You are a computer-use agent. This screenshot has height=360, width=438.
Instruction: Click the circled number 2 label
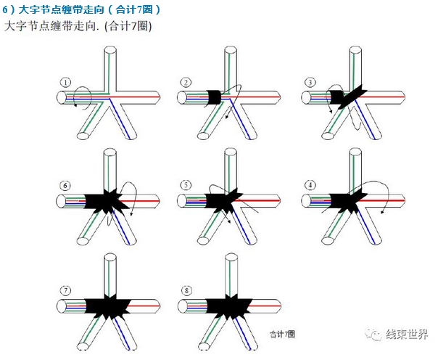pyautogui.click(x=186, y=83)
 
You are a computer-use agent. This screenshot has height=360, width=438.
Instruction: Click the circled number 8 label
pyautogui.click(x=186, y=290)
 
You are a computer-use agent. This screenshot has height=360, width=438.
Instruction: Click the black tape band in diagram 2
pyautogui.click(x=216, y=97)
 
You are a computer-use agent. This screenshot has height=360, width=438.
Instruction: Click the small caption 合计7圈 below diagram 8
pyautogui.click(x=281, y=333)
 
